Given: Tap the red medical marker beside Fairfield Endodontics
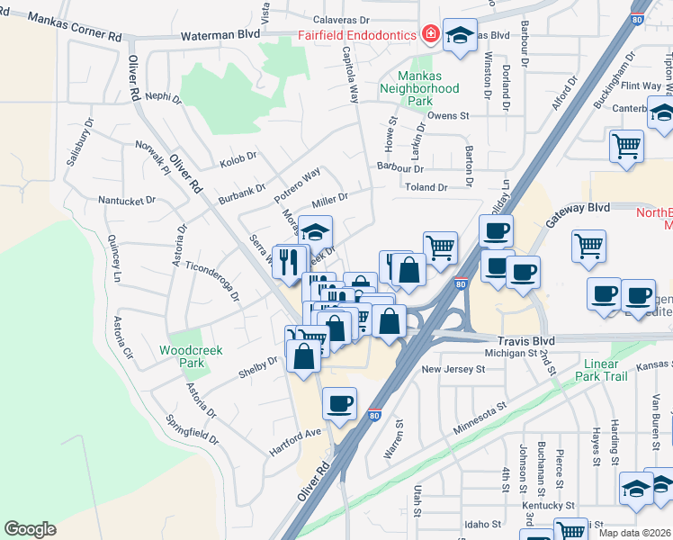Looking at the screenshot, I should (x=430, y=35).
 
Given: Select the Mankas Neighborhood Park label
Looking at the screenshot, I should (x=419, y=88).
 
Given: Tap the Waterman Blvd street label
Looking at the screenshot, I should (x=221, y=33).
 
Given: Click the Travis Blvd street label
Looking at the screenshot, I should (x=525, y=341).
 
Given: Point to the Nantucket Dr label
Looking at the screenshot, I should (x=127, y=200).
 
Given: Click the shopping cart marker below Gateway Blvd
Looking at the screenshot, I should (x=588, y=245).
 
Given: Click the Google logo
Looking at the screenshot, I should (x=30, y=529).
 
